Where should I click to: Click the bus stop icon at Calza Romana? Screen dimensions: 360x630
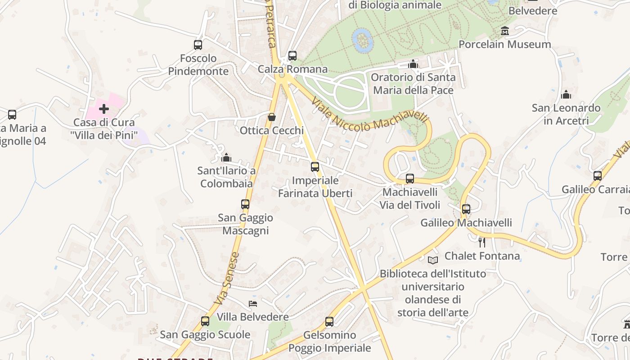point(292,56)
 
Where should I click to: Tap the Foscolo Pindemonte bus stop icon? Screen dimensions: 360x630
point(198,45)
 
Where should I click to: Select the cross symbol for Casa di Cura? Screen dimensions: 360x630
point(104,109)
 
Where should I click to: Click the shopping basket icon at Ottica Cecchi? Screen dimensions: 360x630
point(272,117)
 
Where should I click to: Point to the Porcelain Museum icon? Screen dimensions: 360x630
point(505,31)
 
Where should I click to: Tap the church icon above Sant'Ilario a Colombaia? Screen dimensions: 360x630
point(226,157)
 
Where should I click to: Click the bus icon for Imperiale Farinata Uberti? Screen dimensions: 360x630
point(315,167)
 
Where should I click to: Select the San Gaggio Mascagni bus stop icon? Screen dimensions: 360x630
point(245,204)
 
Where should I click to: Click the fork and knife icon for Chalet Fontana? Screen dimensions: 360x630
point(482,243)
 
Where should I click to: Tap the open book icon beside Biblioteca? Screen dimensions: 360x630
point(433,260)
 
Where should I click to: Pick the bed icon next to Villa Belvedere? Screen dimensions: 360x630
point(253,304)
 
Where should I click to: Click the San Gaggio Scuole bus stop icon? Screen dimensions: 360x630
point(205,321)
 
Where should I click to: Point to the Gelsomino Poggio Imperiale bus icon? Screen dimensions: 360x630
point(329,322)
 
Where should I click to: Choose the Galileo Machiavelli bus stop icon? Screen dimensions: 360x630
point(466,209)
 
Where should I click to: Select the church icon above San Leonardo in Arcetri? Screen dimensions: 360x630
point(566,95)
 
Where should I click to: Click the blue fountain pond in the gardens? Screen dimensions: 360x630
point(363,40)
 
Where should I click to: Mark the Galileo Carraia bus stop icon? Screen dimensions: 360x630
point(598,176)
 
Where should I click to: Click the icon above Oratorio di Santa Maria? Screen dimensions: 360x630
point(413,64)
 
